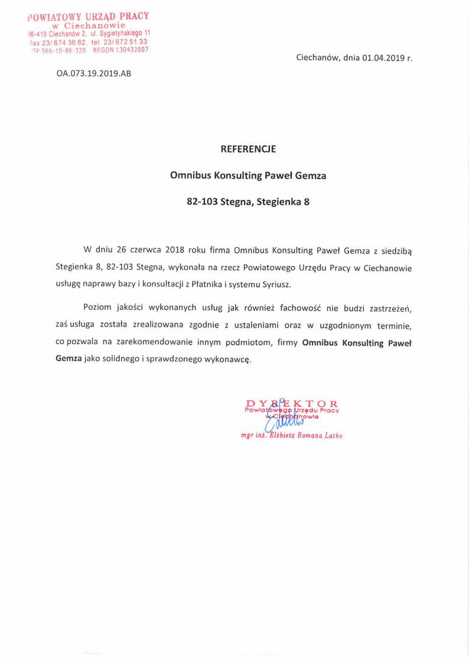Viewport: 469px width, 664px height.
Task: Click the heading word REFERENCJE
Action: tap(248, 150)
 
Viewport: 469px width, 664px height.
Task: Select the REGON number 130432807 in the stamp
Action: tap(129, 51)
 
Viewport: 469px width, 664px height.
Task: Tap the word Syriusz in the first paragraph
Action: tap(275, 284)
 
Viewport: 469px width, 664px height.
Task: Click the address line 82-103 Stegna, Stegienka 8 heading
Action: tap(248, 202)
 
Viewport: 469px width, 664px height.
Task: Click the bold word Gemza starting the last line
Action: tap(69, 359)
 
